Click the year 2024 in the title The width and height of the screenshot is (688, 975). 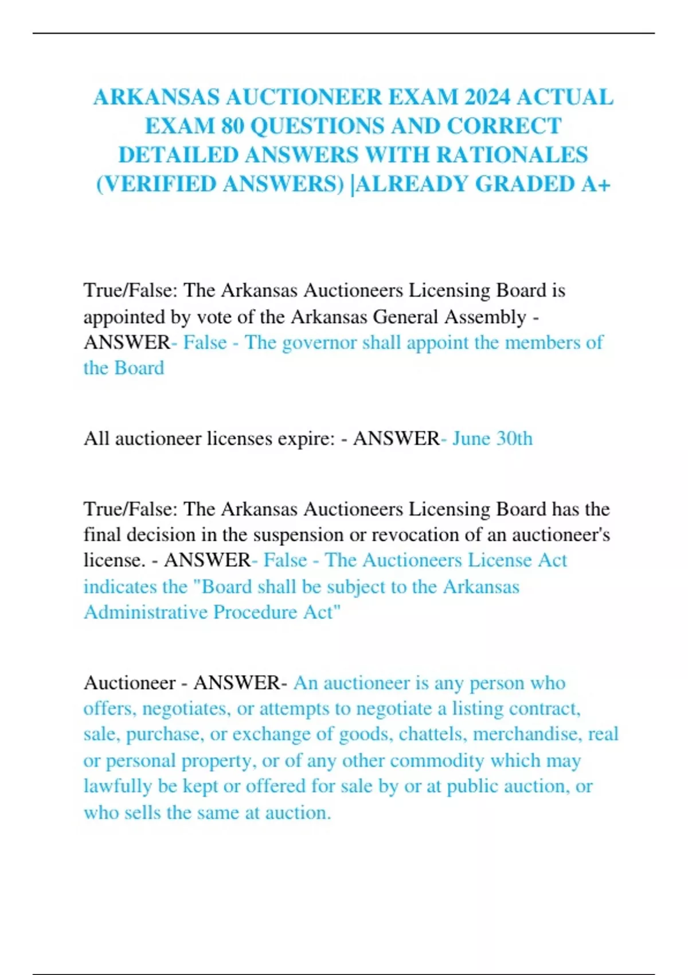click(487, 97)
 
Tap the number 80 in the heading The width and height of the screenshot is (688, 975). click(233, 126)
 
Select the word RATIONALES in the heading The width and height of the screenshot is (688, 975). click(512, 155)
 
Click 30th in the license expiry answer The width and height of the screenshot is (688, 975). click(514, 439)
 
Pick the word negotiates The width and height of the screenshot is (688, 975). click(186, 709)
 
